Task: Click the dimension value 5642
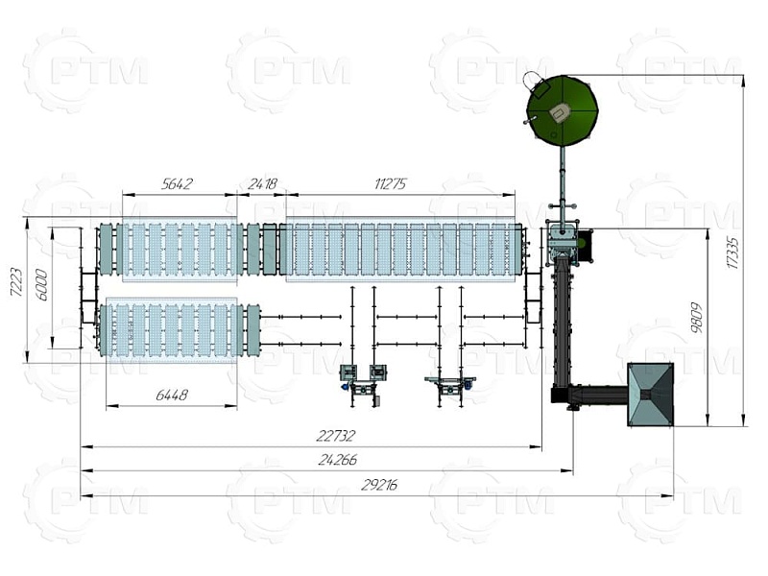177,184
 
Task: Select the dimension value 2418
262,184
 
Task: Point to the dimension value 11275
391,184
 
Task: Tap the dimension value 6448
172,395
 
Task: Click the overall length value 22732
336,436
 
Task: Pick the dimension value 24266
338,460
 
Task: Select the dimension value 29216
379,485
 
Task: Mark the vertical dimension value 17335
732,252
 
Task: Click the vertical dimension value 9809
697,318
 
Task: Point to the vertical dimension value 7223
16,282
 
